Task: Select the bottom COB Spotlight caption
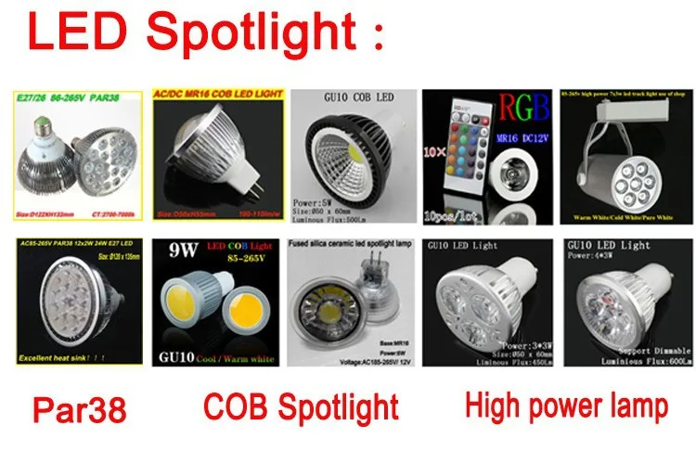[x=302, y=406]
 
